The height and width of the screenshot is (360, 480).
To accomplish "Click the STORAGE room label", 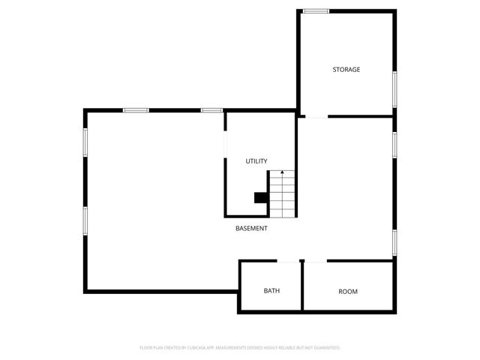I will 346,70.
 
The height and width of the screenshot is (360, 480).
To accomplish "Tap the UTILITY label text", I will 256,161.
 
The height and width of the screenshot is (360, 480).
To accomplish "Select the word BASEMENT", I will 251,229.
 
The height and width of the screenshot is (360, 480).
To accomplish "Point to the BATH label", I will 271,291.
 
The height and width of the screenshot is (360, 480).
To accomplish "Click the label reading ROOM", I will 348,291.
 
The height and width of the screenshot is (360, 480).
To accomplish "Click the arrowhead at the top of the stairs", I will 282,173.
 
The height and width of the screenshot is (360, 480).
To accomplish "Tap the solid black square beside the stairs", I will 261,198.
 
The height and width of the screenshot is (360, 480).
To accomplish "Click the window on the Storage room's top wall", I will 316,10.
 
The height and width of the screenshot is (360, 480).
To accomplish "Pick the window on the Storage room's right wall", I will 394,88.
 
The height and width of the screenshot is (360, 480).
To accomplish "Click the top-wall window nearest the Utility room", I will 212,111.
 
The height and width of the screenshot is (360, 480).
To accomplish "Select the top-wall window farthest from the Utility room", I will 136,111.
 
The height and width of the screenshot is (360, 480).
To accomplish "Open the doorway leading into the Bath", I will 288,262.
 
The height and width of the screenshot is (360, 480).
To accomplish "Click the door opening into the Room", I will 316,262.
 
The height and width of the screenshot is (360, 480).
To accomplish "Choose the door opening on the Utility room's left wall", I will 225,145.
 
